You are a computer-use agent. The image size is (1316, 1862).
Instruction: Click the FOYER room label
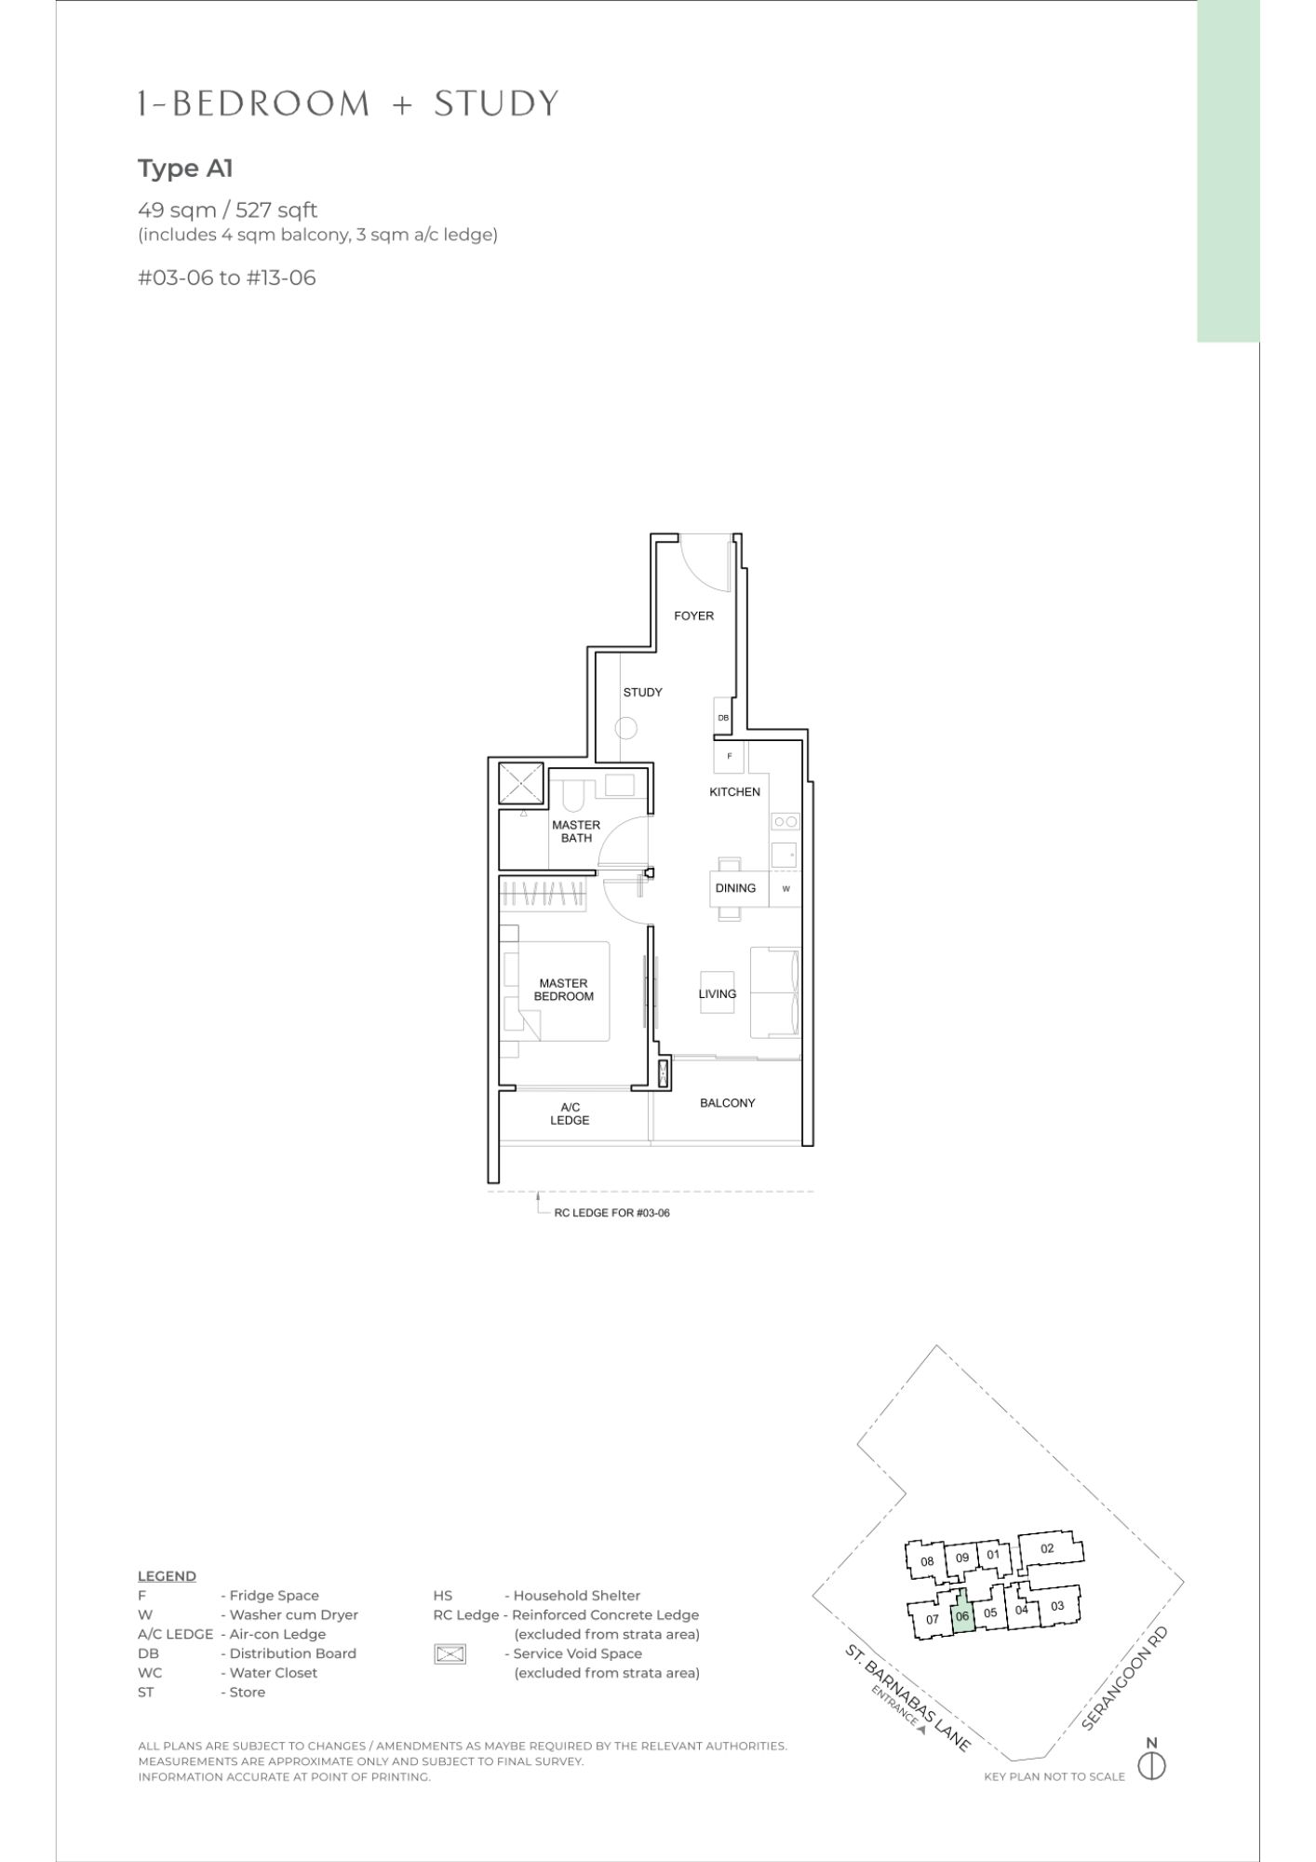694,615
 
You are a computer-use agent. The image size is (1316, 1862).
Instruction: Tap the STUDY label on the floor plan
643,692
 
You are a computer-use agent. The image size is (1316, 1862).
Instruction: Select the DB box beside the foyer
723,716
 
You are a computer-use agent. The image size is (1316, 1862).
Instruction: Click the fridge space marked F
730,756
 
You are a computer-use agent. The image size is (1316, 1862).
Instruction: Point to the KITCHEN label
735,791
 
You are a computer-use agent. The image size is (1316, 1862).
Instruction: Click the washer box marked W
786,889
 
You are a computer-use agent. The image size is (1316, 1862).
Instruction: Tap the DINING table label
735,888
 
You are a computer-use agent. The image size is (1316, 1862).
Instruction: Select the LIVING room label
718,993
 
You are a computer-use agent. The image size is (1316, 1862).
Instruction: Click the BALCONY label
728,1102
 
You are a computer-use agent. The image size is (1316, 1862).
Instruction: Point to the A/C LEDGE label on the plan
570,1113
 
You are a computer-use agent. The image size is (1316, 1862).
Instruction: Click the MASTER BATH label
576,831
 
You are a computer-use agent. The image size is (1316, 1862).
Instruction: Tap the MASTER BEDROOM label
563,990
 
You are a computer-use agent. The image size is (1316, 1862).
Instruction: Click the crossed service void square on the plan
521,783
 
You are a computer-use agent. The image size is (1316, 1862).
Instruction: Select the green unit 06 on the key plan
962,1616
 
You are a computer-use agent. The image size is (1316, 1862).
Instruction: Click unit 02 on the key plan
1047,1548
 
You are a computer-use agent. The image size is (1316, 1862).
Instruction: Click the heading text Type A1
185,169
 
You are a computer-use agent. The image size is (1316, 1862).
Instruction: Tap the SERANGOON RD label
1124,1679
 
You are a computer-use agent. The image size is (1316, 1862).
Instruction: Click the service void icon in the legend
450,1654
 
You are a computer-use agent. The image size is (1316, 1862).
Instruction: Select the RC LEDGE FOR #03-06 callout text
611,1213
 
